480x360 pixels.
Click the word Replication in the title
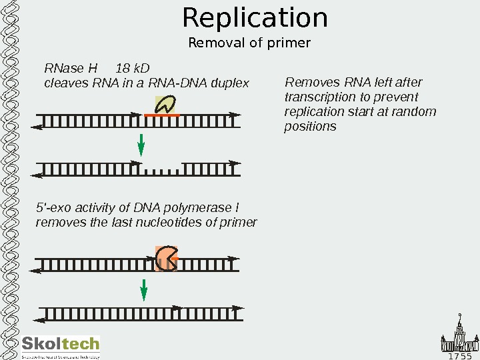[x=255, y=18]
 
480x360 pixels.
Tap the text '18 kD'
[x=133, y=69]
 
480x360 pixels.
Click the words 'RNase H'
[x=71, y=69]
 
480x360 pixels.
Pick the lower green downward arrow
[x=143, y=291]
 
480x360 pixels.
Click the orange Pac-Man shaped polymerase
[x=166, y=258]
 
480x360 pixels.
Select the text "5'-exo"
[x=52, y=208]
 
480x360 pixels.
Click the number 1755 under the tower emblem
[x=461, y=355]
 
